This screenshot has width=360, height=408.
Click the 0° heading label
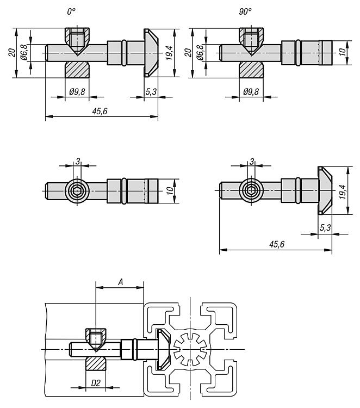(71, 11)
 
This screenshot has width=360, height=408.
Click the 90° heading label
(245, 11)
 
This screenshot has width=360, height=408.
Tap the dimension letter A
(120, 282)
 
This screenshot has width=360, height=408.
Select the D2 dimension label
(96, 383)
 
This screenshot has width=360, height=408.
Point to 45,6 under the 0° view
(100, 112)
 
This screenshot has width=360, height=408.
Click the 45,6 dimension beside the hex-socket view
(277, 244)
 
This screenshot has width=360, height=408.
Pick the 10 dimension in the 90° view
(343, 52)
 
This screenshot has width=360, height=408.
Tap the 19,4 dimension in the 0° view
(169, 53)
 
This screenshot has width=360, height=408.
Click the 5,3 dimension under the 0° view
(151, 91)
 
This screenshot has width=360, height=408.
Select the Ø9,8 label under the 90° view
(251, 91)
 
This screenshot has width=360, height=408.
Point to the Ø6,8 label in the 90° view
(200, 53)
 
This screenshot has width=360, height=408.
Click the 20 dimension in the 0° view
(12, 53)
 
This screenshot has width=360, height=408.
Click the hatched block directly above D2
(96, 363)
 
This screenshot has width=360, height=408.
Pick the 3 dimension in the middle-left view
(78, 162)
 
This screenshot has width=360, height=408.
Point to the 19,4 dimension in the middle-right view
(343, 192)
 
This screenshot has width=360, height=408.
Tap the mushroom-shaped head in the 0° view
(151, 53)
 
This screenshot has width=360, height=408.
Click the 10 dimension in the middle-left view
(170, 191)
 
